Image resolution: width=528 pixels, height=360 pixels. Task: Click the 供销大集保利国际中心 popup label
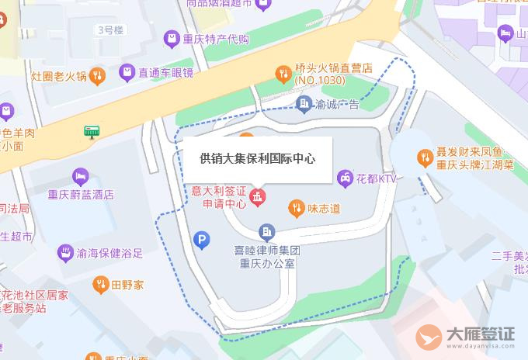coord(257,159)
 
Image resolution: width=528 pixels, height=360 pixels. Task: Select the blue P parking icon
coord(202,241)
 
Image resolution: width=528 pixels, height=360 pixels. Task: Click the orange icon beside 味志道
coord(296,207)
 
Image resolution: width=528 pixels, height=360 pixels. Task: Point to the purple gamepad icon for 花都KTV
coord(345,178)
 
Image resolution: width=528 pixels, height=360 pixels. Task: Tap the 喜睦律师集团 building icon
coord(267,231)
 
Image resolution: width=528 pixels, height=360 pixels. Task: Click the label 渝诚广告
coord(338,104)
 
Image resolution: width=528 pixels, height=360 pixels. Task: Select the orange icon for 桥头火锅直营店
coord(284,74)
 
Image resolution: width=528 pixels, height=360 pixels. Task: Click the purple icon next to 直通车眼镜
coord(126,73)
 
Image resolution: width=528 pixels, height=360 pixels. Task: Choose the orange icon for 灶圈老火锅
coord(97,75)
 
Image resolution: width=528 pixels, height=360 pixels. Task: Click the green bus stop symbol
coord(92,132)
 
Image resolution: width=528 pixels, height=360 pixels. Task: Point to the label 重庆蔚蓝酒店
coord(81,195)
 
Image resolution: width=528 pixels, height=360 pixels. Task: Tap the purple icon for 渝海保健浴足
coord(64,253)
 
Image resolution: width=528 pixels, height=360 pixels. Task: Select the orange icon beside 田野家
coord(99,285)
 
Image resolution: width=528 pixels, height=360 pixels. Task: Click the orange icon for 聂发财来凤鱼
coord(425,157)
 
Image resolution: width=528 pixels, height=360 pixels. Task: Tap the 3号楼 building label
coord(109,29)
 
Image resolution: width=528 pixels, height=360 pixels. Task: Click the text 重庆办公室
coord(267,263)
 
